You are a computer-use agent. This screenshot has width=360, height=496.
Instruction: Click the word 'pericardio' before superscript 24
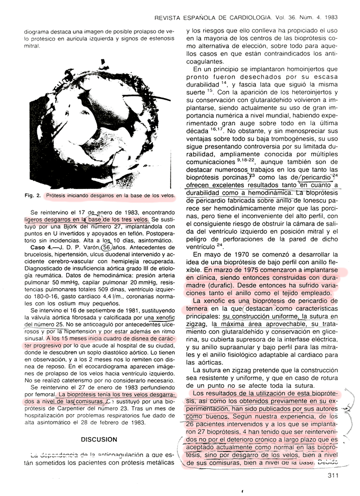[x=313, y=177]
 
